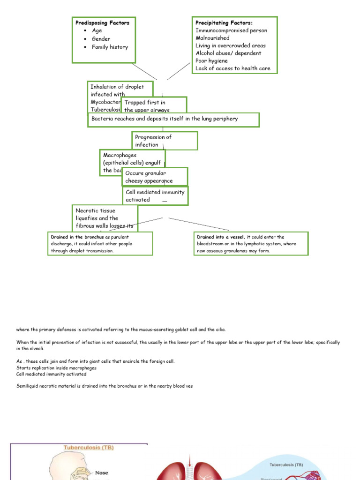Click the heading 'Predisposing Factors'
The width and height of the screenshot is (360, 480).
(x=102, y=22)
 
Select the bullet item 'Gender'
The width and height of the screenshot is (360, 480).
(x=101, y=39)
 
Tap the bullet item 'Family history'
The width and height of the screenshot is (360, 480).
(x=110, y=47)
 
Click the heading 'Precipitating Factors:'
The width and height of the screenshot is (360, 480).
(x=224, y=22)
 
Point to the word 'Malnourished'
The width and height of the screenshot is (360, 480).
(x=212, y=38)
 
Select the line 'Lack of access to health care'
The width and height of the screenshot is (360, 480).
(x=232, y=68)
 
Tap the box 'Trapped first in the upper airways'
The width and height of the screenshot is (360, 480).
(x=154, y=106)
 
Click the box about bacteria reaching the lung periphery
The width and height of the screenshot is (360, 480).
(x=173, y=120)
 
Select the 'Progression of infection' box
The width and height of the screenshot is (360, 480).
(x=164, y=141)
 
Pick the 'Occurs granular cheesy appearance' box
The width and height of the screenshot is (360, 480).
(x=155, y=177)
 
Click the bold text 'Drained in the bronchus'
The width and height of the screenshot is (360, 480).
(x=77, y=237)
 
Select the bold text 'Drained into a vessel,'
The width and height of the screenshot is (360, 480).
(x=221, y=237)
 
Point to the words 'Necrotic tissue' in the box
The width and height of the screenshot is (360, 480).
(x=95, y=211)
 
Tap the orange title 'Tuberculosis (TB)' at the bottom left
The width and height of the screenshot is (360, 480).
(x=89, y=448)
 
